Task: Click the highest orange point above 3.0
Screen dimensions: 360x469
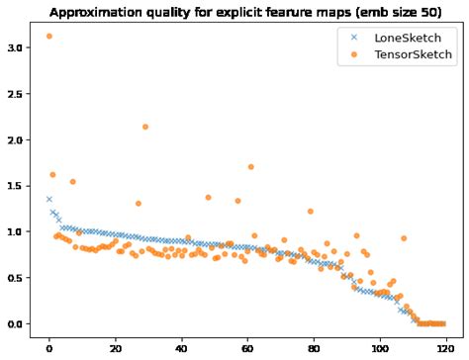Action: click(x=48, y=37)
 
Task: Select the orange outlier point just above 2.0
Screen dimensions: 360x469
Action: click(x=145, y=127)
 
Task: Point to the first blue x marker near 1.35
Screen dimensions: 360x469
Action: click(x=48, y=199)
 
